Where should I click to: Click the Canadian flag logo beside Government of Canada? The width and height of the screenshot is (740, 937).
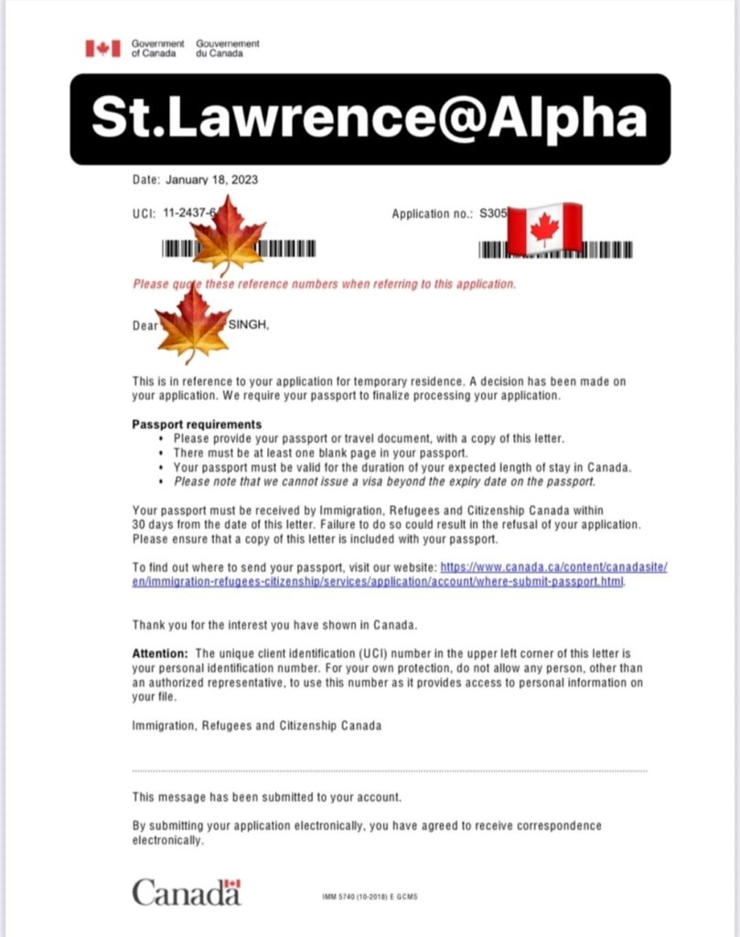[x=102, y=48]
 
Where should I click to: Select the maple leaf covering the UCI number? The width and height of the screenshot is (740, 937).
[x=228, y=235]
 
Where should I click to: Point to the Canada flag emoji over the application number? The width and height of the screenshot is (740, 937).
[x=544, y=229]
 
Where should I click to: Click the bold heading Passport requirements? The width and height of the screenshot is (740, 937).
[x=197, y=425]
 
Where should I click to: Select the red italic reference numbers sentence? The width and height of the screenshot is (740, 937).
[x=325, y=284]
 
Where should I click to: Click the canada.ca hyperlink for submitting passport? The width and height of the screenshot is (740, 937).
[x=400, y=575]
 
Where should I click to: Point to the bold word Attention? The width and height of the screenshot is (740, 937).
[x=160, y=653]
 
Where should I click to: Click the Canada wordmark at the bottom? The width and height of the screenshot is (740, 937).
[x=187, y=891]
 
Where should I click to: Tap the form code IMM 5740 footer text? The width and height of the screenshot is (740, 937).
[x=370, y=898]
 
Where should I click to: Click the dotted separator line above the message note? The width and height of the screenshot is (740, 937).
[x=389, y=771]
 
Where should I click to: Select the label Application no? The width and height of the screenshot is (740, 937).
[x=431, y=214]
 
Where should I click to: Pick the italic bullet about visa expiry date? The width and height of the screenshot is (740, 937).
[x=384, y=481]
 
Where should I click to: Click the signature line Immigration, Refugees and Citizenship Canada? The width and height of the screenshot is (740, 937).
[x=257, y=726]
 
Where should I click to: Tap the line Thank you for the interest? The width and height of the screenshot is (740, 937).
[x=274, y=625]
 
